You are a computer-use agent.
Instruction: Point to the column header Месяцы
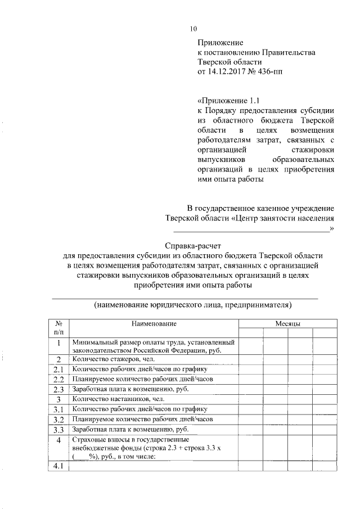tap(287, 323)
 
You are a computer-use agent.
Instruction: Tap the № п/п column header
tap(59, 328)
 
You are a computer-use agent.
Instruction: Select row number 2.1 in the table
tap(59, 369)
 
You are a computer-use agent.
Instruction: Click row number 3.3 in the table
tap(59, 430)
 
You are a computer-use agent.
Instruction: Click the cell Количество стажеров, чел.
tap(112, 359)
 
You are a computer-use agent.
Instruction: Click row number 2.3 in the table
tap(59, 389)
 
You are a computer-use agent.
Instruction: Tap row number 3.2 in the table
tap(59, 420)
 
